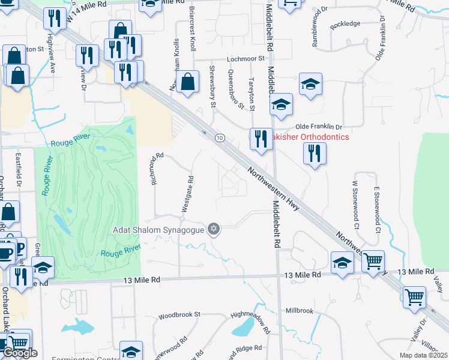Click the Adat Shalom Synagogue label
tap(159, 229)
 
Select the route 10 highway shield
tap(220, 138)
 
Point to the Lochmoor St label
tap(246, 59)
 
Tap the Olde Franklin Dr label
tap(319, 127)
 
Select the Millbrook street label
tap(300, 311)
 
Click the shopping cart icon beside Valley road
tap(415, 297)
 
